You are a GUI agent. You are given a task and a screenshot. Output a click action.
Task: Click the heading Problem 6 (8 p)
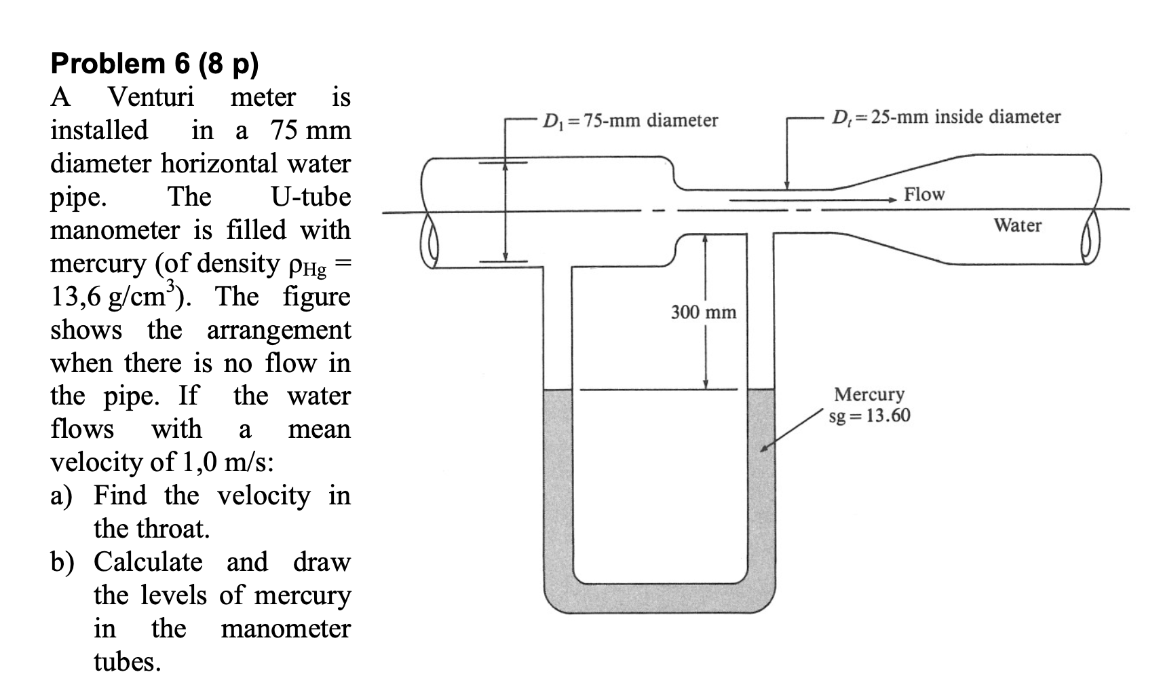coord(155,64)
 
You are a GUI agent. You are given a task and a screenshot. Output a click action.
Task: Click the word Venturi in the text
coord(151,97)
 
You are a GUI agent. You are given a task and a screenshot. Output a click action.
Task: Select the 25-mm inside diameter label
coord(946,117)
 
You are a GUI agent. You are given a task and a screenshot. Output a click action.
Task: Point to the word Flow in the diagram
coord(924,194)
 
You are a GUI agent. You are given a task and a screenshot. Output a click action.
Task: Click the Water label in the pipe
coord(1017,225)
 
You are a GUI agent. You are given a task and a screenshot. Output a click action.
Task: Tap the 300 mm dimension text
coord(704,312)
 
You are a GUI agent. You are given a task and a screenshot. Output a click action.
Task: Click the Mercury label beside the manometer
coord(869,394)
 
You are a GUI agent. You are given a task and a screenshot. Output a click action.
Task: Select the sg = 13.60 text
coord(870,415)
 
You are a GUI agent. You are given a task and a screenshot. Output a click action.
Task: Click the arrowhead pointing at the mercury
coord(765,449)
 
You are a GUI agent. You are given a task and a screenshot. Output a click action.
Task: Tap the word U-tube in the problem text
coord(311,197)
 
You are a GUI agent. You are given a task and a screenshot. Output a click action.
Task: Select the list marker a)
coord(61,496)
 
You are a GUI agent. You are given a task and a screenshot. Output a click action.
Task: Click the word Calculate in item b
coord(148,562)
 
